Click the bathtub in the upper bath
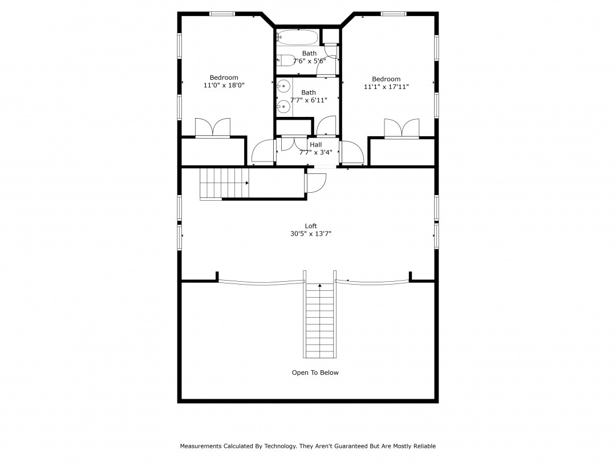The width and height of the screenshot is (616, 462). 297,38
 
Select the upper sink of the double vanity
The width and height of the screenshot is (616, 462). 283,85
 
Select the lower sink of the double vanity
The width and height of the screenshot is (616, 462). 283,106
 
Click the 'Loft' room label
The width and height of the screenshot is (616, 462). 311,226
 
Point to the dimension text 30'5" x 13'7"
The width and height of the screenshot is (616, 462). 311,234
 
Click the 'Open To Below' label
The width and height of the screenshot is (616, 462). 315,372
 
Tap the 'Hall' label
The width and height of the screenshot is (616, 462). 315,144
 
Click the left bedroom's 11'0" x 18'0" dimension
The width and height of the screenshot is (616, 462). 224,85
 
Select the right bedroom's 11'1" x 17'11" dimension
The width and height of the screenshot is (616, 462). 386,87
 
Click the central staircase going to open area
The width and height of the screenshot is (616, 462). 320,320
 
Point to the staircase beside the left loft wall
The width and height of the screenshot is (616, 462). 224,184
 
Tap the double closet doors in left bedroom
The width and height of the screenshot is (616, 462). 213,128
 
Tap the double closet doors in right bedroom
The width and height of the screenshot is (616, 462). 402,129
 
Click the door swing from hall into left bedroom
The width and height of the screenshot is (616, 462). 262,151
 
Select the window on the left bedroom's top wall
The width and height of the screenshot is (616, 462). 222,14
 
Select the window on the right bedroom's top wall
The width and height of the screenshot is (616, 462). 394,14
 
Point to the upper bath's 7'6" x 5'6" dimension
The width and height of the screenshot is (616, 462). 309,61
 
